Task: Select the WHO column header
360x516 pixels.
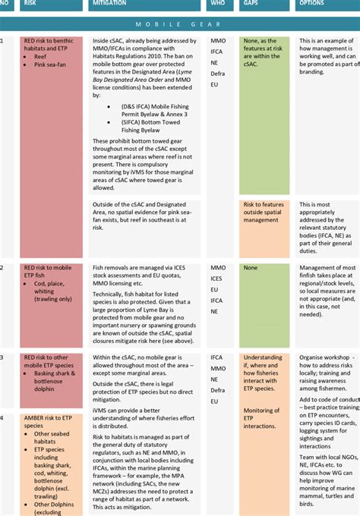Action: (x=217, y=4)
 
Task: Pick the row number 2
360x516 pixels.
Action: (x=2, y=268)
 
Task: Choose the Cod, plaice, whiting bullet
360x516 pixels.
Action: (x=52, y=291)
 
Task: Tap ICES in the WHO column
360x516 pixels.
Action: (x=217, y=279)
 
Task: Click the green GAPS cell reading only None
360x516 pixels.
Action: (x=251, y=268)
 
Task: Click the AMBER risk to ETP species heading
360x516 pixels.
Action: (x=47, y=422)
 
